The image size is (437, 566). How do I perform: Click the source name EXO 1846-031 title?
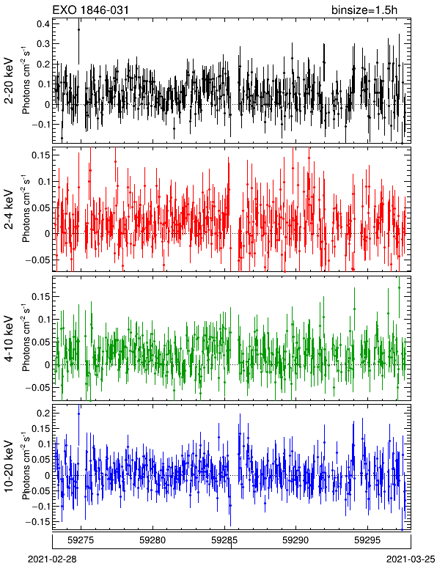[91, 10]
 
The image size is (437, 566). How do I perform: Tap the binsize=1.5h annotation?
[364, 10]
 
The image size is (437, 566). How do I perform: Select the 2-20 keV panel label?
[9, 81]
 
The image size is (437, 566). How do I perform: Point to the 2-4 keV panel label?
[9, 210]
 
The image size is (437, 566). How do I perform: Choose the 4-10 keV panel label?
[9, 338]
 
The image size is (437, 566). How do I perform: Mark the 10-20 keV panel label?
[9, 466]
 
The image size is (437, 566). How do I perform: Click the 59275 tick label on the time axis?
[81, 540]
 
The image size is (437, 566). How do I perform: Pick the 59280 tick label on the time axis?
[153, 540]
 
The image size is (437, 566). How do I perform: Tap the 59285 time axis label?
[224, 540]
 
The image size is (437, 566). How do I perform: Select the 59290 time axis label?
[296, 540]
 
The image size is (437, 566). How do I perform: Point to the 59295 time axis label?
[368, 540]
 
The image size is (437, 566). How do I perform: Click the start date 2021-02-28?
[53, 559]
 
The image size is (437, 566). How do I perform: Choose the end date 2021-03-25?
[411, 559]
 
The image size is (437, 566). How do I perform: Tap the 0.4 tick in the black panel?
[43, 23]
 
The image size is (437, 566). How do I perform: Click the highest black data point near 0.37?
[78, 29]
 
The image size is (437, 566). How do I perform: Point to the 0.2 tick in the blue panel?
[43, 413]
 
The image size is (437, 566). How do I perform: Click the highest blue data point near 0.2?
[78, 414]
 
